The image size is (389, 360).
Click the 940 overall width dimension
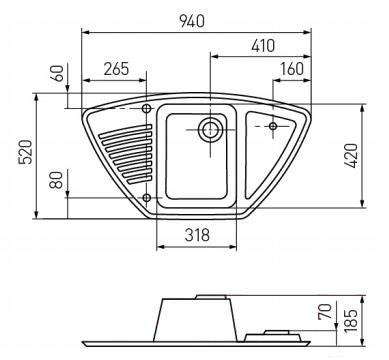tap(192, 21)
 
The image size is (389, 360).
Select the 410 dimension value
tap(263, 46)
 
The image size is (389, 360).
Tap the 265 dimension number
tap(116, 69)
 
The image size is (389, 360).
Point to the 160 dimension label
tap(292, 69)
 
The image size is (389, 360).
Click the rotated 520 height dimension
tap(26, 152)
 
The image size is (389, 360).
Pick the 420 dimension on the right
tap(351, 155)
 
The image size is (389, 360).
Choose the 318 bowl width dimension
tap(197, 235)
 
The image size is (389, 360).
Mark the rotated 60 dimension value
tap(58, 73)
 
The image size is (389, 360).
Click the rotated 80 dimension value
tap(58, 180)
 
